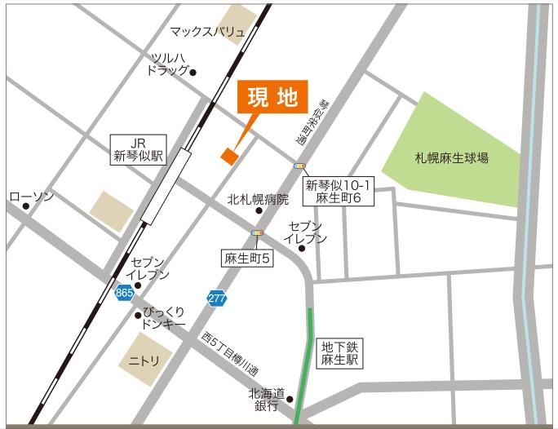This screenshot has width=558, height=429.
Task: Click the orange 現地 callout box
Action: tap(272, 98)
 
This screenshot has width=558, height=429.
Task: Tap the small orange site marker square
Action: tap(229, 156)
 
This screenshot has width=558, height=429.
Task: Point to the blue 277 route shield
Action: tap(216, 299)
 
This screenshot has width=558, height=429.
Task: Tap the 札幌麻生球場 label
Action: tap(451, 158)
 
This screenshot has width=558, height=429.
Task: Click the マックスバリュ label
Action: tap(207, 32)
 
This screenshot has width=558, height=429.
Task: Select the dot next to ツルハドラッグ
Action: tap(193, 73)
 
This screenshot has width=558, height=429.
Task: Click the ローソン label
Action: tap(32, 197)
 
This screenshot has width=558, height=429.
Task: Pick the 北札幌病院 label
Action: tap(259, 199)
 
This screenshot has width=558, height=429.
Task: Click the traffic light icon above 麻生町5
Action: tap(259, 233)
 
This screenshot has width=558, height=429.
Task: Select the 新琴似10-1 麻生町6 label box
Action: tap(338, 192)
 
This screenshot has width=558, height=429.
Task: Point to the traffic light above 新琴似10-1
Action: tap(300, 166)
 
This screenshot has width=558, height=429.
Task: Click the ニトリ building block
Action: tap(144, 359)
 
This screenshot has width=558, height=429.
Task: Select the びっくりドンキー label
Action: tap(165, 317)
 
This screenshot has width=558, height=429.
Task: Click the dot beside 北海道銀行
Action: tap(289, 400)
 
